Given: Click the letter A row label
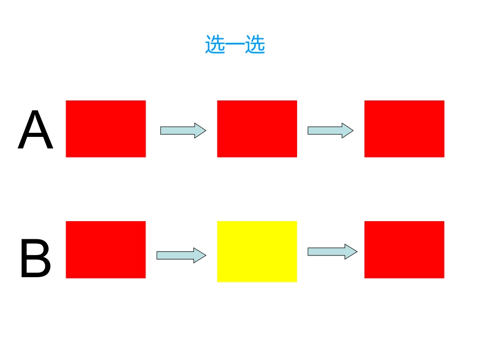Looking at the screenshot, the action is coord(35,129).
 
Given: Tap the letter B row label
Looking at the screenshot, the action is coord(35,258).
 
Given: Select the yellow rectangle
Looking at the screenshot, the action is coord(257,251).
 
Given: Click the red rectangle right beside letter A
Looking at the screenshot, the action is coord(106,129).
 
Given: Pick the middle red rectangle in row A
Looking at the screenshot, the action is coord(257,129).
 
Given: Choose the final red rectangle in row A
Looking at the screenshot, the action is coord(404,129).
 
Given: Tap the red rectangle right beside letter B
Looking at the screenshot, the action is coord(106,249).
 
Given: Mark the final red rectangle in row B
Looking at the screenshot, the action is coord(404,249).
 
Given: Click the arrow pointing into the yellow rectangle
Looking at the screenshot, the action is coord(181,255).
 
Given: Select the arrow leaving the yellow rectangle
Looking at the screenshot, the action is coord(332,252).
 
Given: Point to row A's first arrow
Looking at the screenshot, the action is coord(183,131).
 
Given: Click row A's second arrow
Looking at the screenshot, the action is coord(330,131).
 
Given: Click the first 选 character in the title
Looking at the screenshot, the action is coord(215,44).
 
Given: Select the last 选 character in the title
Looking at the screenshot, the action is coord(255,44).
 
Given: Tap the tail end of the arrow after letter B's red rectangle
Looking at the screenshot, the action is coord(157,255).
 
